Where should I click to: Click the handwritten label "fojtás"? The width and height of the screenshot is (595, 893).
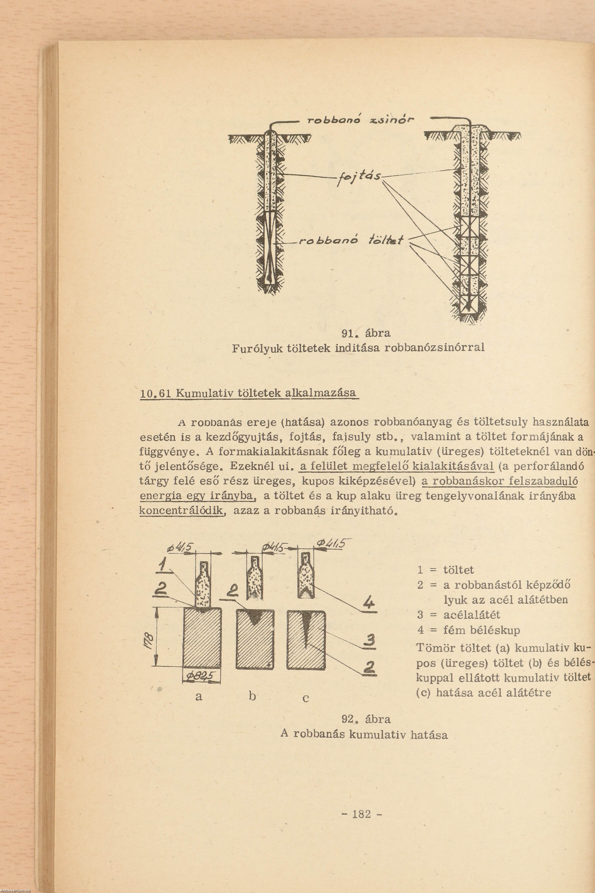click(359, 177)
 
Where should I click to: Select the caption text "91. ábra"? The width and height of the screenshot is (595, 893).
click(365, 333)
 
